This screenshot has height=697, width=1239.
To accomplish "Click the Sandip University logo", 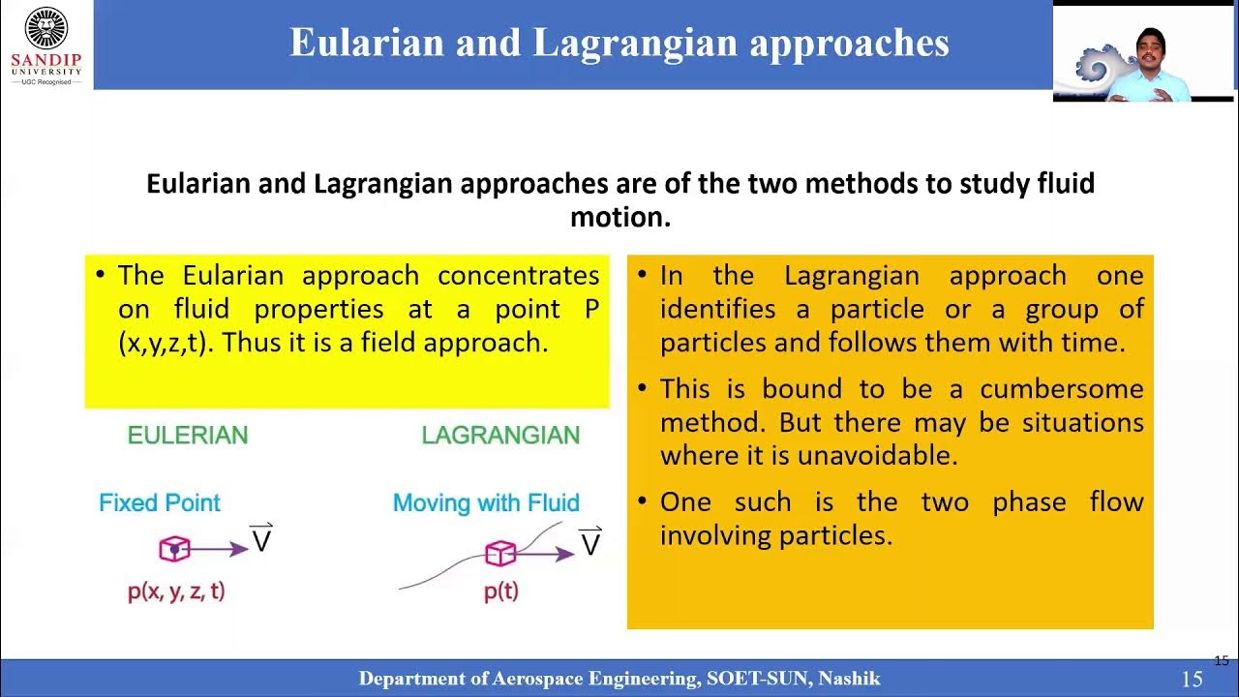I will [x=46, y=45].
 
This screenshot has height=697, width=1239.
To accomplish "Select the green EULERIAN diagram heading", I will [x=188, y=436].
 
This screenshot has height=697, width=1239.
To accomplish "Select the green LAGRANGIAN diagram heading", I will [x=500, y=436].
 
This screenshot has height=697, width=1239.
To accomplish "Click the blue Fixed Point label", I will [x=160, y=503].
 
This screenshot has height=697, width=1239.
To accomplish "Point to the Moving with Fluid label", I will [x=486, y=503].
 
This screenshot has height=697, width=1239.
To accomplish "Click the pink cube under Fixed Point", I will [x=174, y=549].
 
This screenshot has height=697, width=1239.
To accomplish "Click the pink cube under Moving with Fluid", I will [x=499, y=553].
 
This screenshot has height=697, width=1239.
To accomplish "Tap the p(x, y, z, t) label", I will [x=176, y=591].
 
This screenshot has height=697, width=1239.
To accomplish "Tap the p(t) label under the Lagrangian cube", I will [x=500, y=591].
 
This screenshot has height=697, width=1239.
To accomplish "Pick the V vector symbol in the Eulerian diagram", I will [x=261, y=539].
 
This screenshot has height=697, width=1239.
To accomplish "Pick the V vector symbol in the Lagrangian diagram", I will [x=589, y=543].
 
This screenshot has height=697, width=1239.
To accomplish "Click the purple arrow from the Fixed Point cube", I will [x=221, y=549].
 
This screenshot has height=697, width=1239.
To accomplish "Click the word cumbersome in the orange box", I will [x=1061, y=389].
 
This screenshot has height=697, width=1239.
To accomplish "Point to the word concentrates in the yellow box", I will [x=518, y=276].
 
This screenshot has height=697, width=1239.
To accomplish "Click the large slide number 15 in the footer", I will [x=1192, y=680].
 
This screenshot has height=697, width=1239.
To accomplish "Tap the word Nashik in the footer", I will [x=849, y=679].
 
